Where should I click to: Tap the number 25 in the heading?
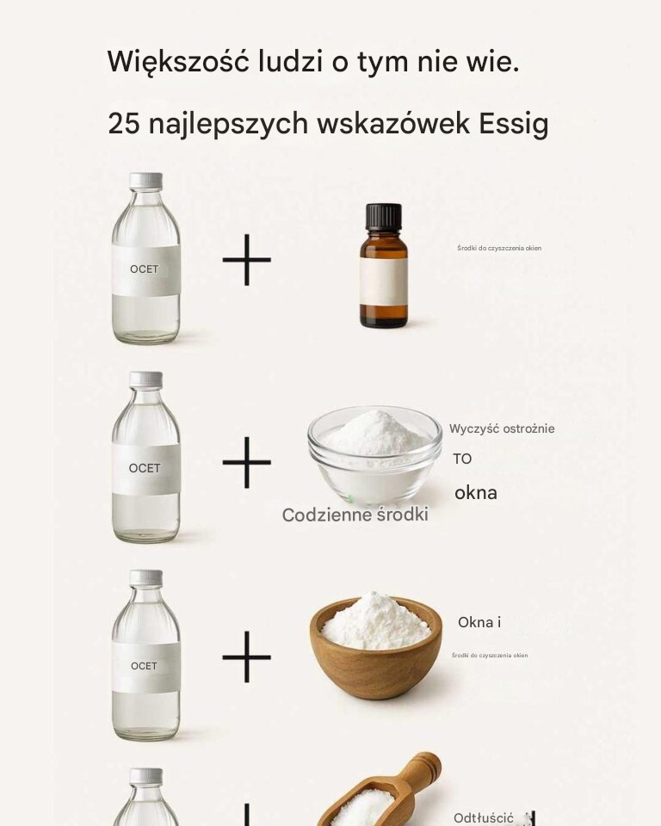[x=124, y=124]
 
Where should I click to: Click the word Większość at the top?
[x=177, y=62]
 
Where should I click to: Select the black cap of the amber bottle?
[x=383, y=216]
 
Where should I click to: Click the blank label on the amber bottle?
[x=383, y=281]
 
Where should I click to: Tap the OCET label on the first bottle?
[x=145, y=269]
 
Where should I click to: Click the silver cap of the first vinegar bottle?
[x=145, y=181]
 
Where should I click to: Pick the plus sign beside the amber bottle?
[x=247, y=259]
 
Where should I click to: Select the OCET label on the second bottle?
[x=145, y=469]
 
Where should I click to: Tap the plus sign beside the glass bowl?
[x=247, y=462]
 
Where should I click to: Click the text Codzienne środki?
[x=355, y=515]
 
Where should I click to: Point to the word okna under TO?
[x=476, y=493]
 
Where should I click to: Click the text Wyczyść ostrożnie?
[x=502, y=428]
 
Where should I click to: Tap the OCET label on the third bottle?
[x=145, y=666]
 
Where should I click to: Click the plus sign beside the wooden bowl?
[x=247, y=656]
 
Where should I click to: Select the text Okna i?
[x=479, y=622]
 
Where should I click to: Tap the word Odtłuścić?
[x=484, y=817]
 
